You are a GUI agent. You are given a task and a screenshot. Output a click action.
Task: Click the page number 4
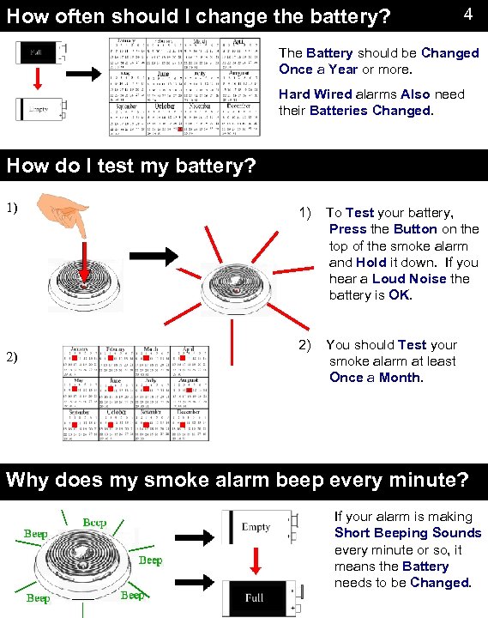[467, 15]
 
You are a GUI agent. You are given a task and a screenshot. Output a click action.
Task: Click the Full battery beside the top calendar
[39, 54]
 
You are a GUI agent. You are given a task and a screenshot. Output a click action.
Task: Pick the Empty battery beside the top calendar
[39, 110]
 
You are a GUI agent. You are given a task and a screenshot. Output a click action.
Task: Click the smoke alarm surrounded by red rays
[232, 283]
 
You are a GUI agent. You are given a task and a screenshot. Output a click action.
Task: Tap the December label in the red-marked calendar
[189, 411]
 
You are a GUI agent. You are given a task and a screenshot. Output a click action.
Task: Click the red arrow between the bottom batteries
[256, 562]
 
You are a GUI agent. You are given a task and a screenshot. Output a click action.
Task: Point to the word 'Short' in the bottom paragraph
[354, 533]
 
